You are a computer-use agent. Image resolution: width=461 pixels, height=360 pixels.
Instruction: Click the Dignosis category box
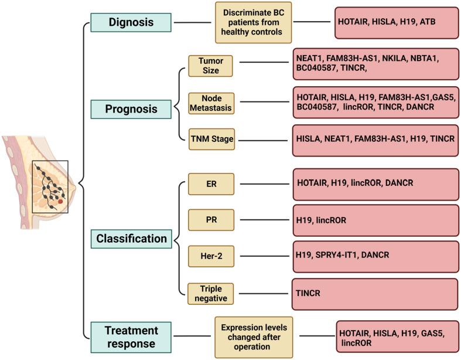pos(131,23)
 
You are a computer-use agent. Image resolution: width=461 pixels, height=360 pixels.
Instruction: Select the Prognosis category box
pos(131,109)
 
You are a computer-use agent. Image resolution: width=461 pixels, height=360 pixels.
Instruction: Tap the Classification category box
pos(131,239)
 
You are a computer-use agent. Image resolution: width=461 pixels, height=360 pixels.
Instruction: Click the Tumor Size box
pos(210,66)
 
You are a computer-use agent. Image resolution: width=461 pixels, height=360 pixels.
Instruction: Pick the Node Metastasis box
pos(210,103)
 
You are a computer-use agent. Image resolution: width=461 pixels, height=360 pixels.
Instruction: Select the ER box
pos(210,184)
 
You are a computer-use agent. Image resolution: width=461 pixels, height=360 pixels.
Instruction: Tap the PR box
pos(210,220)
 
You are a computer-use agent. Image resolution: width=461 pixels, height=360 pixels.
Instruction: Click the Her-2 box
pos(210,256)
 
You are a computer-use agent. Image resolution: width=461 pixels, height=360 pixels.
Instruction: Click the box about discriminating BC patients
pos(253,23)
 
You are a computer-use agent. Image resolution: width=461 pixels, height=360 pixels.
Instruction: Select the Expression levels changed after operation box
pos(253,337)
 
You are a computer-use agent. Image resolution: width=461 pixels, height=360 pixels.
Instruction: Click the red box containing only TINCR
pos(375,294)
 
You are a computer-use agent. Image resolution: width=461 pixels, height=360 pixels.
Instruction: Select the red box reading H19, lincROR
pos(375,220)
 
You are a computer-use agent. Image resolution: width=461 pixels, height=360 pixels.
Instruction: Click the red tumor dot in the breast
pos(61,202)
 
